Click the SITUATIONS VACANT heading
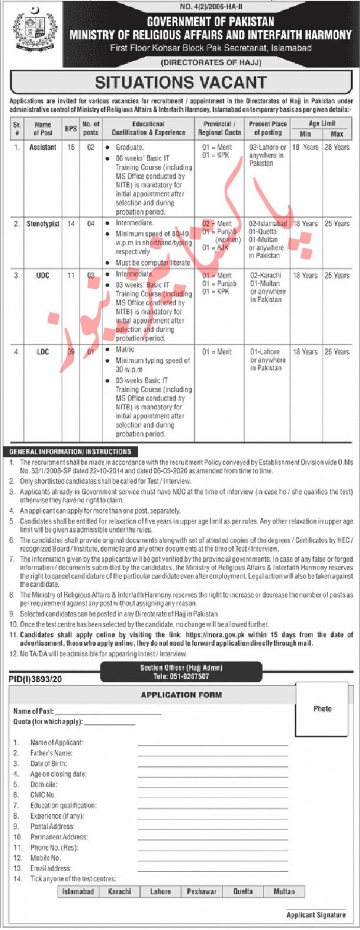[x=181, y=82]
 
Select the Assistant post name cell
[x=43, y=148]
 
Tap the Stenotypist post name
[x=43, y=224]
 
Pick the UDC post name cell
[x=43, y=275]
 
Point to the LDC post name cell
[x=43, y=352]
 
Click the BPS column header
[x=71, y=128]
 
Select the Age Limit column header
[x=322, y=124]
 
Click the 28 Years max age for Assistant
[x=337, y=148]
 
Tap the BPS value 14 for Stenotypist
[x=71, y=224]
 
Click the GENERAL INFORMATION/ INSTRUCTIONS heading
[x=71, y=452]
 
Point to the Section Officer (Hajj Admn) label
[x=181, y=668]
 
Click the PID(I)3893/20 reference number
[x=35, y=679]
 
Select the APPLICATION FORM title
[x=181, y=695]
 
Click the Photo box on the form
[x=322, y=709]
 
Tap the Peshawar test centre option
[x=201, y=892]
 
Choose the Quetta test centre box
[x=243, y=892]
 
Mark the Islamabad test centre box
[x=78, y=892]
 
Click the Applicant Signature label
[x=316, y=915]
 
